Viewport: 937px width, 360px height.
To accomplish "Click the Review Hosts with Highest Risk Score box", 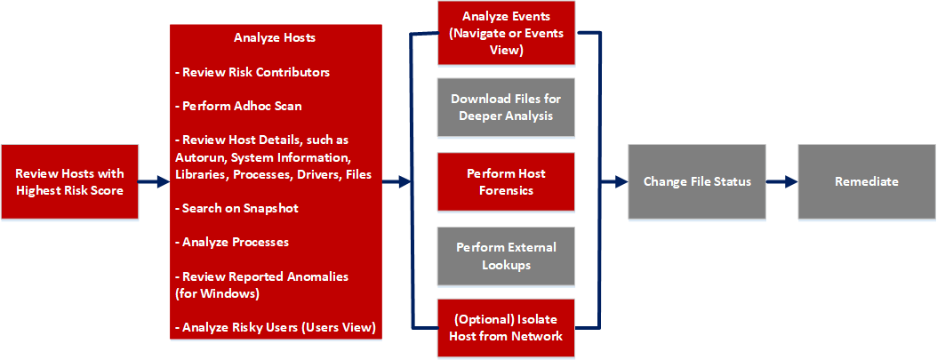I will tap(69, 181).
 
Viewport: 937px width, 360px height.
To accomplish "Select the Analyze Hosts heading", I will tap(275, 38).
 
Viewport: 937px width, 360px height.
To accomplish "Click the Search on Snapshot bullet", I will tap(239, 208).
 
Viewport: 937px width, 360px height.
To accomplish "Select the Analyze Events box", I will tap(506, 34).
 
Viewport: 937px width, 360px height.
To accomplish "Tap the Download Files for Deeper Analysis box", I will tap(506, 108).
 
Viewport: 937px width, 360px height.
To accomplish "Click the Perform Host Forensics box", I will tap(506, 181).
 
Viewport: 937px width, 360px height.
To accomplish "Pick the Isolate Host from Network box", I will tap(506, 328).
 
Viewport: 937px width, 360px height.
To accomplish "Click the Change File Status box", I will tap(697, 181).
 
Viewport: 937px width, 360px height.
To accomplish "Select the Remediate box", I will tap(866, 181).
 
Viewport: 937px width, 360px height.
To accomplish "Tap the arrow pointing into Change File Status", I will tap(614, 181).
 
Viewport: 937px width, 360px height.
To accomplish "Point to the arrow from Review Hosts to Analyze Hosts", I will tap(154, 181).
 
